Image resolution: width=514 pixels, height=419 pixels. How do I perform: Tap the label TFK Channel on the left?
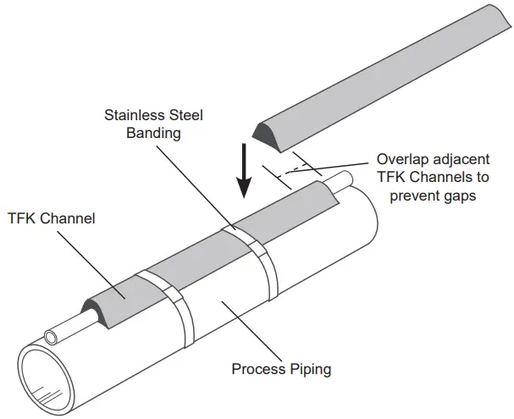(51, 218)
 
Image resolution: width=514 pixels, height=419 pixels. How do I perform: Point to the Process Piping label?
(281, 369)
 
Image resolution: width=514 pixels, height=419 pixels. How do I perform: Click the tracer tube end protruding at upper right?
(346, 179)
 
